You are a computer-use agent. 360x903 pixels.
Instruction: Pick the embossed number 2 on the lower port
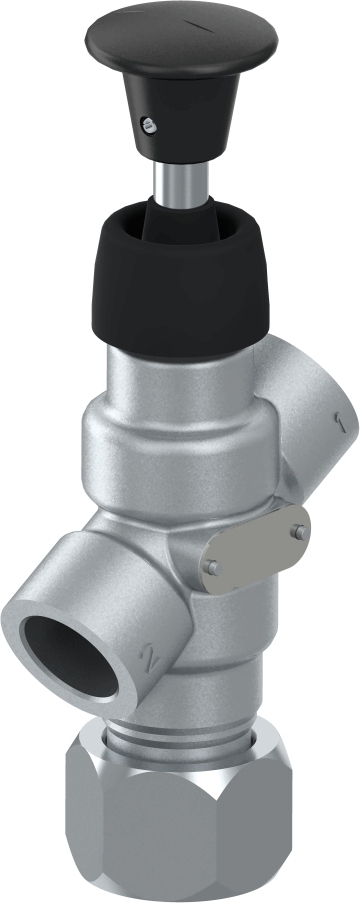(x=150, y=659)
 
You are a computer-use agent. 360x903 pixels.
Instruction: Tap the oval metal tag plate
(x=254, y=549)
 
